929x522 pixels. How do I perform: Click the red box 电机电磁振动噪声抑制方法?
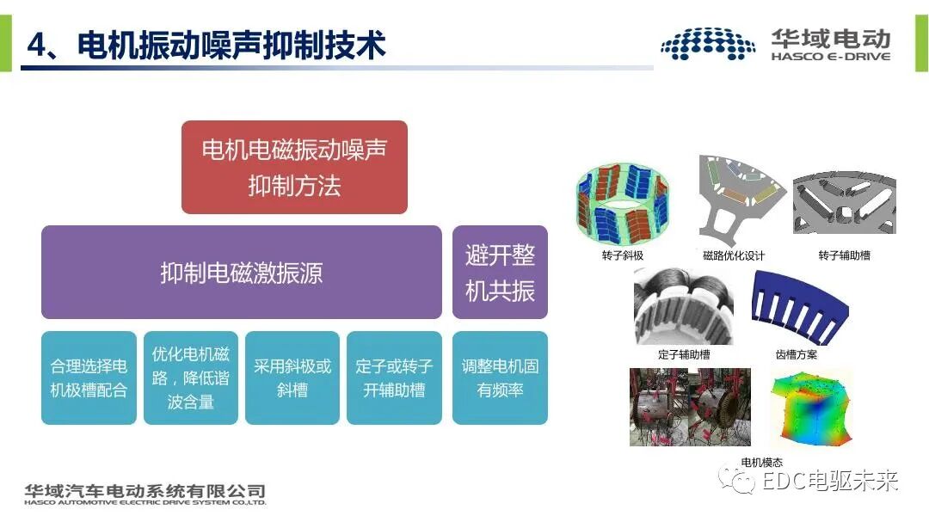[294, 167]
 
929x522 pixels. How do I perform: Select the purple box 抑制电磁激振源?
[242, 273]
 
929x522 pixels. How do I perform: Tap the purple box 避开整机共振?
[500, 273]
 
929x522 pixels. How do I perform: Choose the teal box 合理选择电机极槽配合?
[89, 378]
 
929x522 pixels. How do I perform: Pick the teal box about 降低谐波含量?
[190, 378]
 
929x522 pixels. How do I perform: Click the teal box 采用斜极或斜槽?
[292, 378]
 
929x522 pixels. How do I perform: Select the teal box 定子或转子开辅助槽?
[394, 378]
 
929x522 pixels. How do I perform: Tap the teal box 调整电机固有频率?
[500, 378]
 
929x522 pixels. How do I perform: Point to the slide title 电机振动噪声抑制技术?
[206, 45]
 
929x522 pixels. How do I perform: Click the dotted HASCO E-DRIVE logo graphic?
[708, 44]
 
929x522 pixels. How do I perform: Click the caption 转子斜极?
[623, 255]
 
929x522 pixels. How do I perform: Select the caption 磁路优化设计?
[734, 255]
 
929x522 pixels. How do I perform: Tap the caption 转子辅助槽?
[844, 255]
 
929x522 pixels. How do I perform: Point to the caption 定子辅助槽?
[684, 354]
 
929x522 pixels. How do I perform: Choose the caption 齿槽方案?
[796, 354]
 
